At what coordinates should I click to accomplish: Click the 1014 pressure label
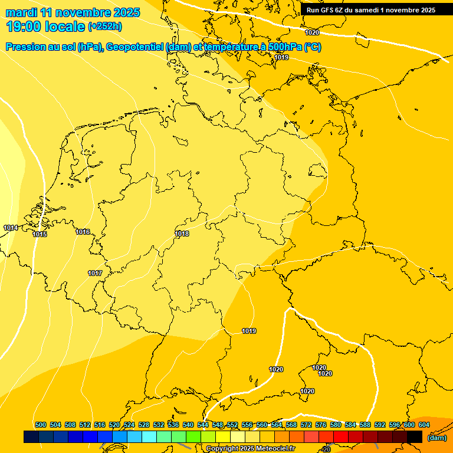[10, 228]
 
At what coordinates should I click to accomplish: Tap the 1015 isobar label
[40, 235]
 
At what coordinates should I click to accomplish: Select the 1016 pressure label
[83, 232]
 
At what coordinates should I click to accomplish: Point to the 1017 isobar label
[95, 273]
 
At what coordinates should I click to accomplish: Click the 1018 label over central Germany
[182, 234]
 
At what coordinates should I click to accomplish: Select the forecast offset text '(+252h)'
[105, 27]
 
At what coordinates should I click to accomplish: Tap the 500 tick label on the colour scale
[41, 425]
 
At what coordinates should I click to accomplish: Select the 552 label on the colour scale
[232, 425]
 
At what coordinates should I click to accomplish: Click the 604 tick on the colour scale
[424, 425]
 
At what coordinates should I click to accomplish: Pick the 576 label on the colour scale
[321, 425]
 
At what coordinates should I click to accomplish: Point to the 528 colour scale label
[144, 425]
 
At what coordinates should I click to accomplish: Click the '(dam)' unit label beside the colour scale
[436, 438]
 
